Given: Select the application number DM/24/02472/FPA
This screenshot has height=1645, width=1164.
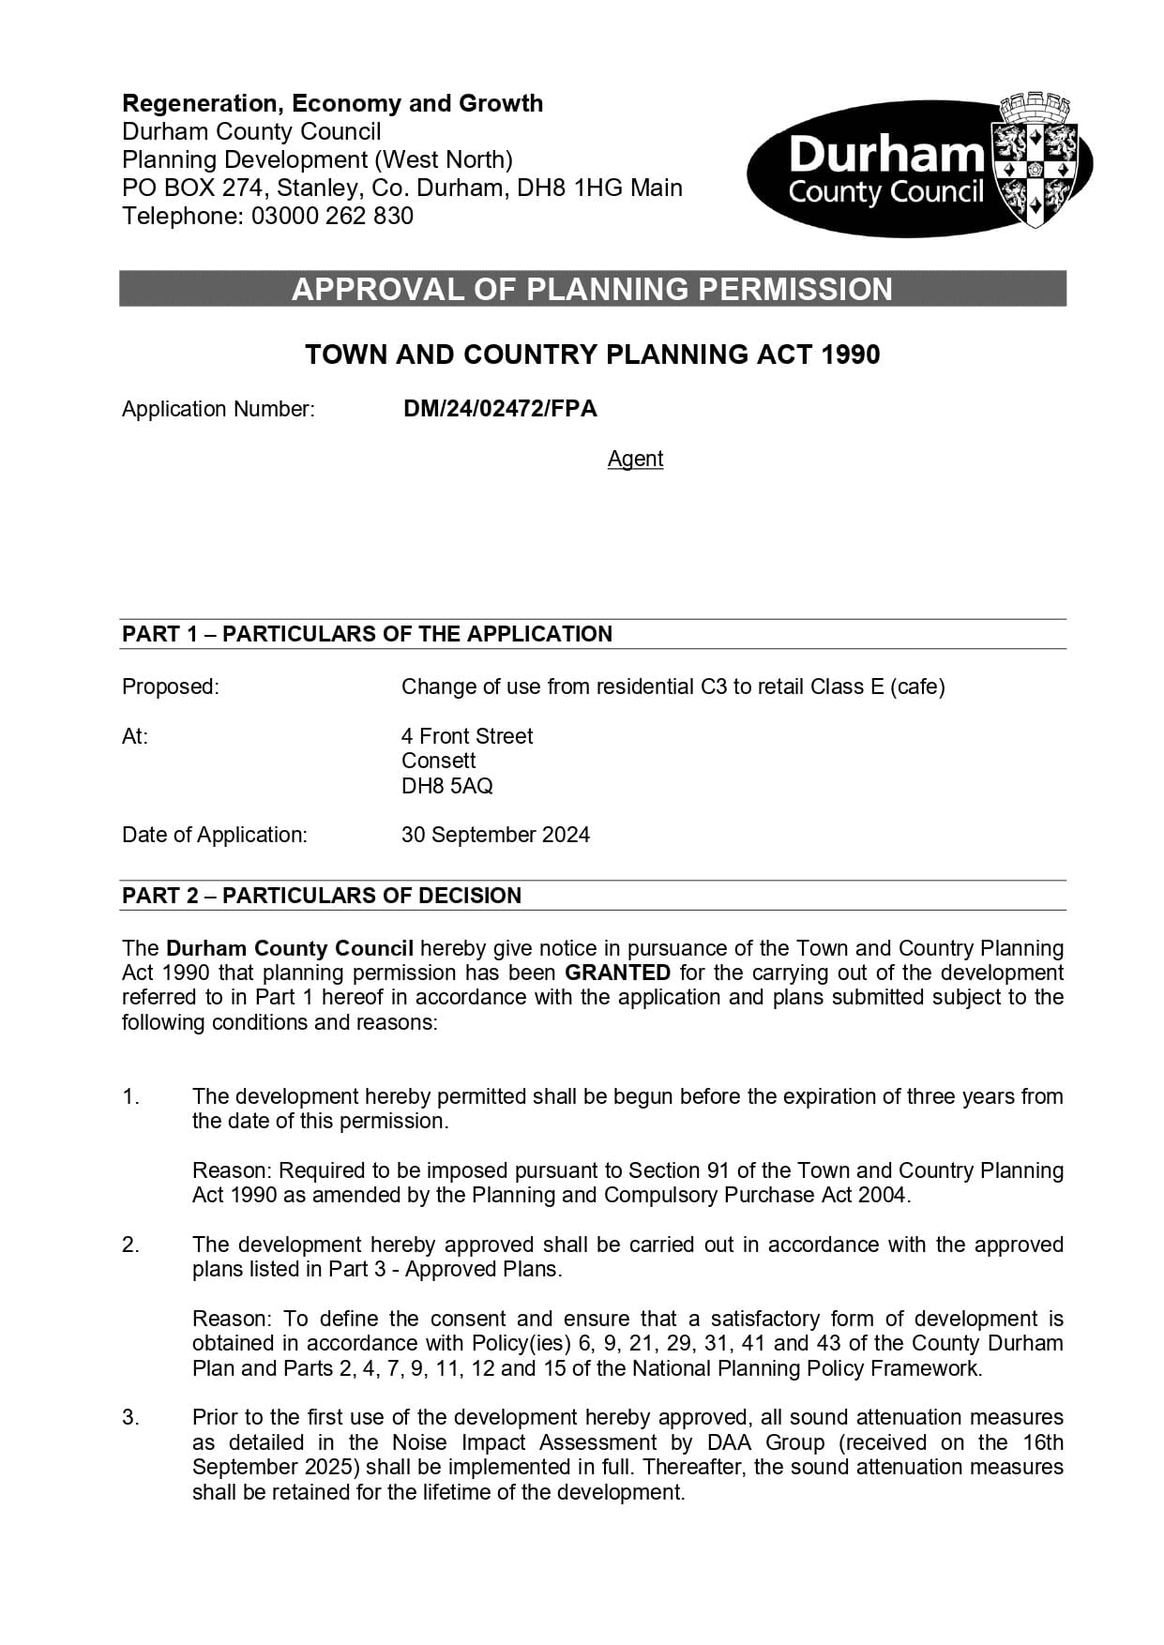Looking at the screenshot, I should [x=500, y=409].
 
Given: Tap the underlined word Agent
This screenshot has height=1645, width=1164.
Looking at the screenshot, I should [x=635, y=459].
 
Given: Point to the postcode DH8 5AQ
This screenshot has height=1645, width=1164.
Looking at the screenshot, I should [x=446, y=786].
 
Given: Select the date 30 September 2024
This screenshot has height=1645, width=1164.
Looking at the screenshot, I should [x=495, y=835].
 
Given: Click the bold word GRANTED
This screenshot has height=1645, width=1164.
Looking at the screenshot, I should [x=617, y=973].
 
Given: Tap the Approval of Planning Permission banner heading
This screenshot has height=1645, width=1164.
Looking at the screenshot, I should [x=592, y=289].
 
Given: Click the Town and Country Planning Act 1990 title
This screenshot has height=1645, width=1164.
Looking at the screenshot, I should [x=592, y=355].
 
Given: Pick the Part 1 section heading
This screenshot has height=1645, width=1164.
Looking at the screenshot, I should [x=367, y=634].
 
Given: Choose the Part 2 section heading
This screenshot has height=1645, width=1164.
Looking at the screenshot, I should [x=322, y=896].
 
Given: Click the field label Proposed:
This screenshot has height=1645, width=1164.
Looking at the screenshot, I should [x=170, y=687].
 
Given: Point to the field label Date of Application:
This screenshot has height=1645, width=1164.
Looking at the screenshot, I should [x=215, y=835].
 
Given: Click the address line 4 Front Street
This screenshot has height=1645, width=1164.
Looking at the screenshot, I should [x=467, y=736].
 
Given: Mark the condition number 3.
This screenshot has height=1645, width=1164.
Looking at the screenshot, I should [x=130, y=1417].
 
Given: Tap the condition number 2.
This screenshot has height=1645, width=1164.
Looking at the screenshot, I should [x=130, y=1245].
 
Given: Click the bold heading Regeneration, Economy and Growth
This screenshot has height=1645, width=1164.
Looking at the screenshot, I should [x=332, y=103].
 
